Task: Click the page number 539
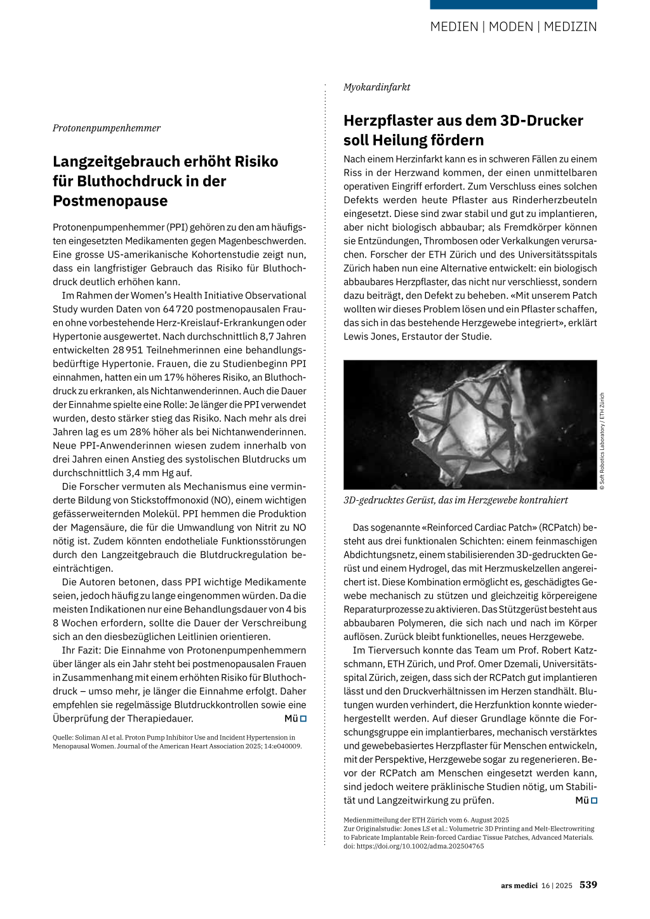(x=588, y=885)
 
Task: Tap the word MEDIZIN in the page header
(x=570, y=27)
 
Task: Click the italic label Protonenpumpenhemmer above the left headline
(x=107, y=128)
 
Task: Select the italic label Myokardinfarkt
(x=377, y=87)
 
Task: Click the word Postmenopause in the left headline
(x=110, y=201)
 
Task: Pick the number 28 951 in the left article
(x=128, y=350)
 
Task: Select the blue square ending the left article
(x=303, y=718)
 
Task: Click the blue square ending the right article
(x=594, y=800)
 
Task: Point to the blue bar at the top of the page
(x=514, y=4)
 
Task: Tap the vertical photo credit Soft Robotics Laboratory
(x=602, y=441)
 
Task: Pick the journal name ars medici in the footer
(x=519, y=885)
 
